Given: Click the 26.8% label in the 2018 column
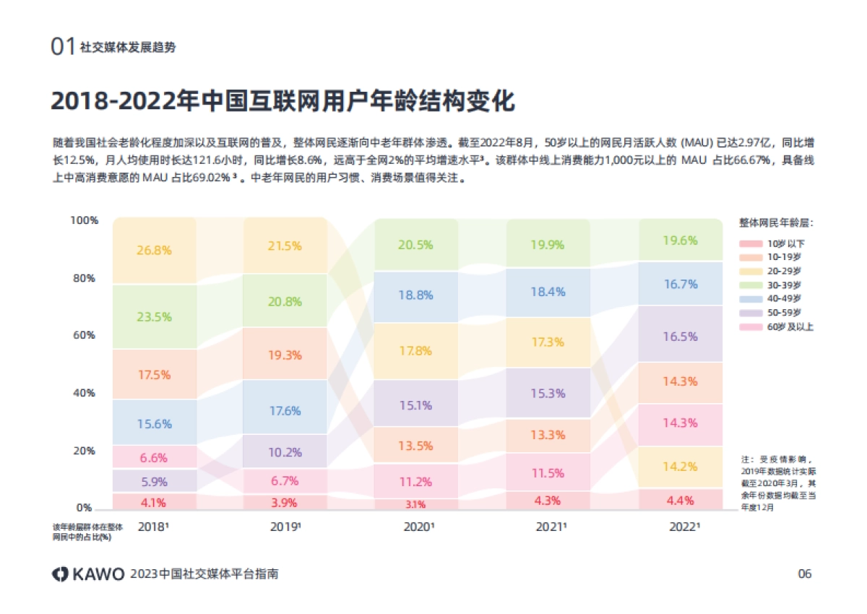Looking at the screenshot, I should click(x=154, y=251).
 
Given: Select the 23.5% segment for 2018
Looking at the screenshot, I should click(x=154, y=317).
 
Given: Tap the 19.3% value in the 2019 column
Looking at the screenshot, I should click(x=285, y=355).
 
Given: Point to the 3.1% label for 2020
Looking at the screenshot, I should click(x=415, y=504).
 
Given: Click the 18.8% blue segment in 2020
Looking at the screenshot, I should click(x=415, y=295).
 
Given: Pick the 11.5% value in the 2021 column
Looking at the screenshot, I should click(x=547, y=473).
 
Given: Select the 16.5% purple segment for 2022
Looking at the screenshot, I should click(x=680, y=337).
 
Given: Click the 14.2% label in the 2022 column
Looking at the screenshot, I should click(x=680, y=467).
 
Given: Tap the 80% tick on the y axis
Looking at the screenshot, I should click(x=84, y=278).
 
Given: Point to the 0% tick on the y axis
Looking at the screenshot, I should click(x=84, y=508).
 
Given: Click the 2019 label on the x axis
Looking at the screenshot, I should click(x=285, y=527).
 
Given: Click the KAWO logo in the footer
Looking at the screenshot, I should click(x=87, y=574).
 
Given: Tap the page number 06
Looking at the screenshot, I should click(x=804, y=574).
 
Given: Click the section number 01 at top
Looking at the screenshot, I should click(x=63, y=47).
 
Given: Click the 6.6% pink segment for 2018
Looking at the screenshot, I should click(x=154, y=457).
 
